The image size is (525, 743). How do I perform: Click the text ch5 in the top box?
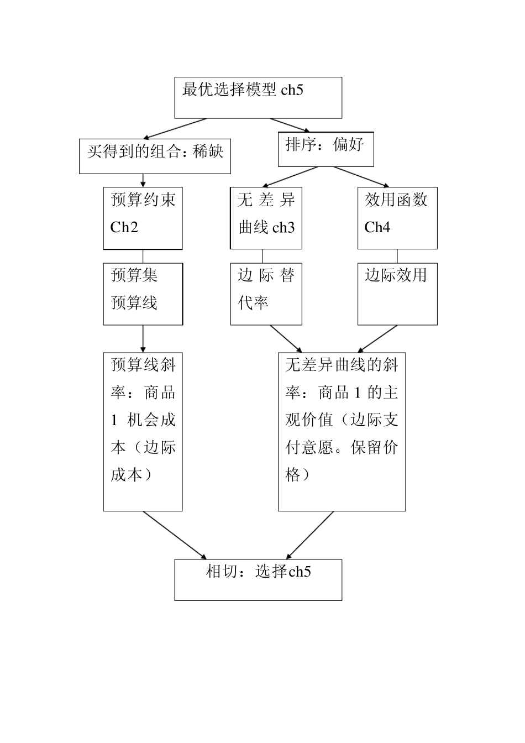[292, 90]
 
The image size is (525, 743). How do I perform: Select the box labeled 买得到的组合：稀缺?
[155, 156]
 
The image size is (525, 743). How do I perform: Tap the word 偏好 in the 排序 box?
[348, 145]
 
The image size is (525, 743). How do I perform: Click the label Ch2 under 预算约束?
[124, 228]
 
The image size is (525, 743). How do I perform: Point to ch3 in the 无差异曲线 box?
[283, 228]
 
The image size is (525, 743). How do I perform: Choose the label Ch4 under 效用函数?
[377, 228]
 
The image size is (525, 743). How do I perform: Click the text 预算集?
[134, 275]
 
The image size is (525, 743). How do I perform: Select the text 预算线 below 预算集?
[134, 303]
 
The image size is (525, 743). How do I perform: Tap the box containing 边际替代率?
[266, 294]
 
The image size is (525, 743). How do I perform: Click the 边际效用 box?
[397, 294]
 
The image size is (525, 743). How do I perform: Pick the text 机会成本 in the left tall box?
[151, 420]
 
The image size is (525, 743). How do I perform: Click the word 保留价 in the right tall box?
[374, 448]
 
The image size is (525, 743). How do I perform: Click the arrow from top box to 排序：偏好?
[290, 125]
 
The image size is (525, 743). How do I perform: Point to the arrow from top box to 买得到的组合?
[175, 128]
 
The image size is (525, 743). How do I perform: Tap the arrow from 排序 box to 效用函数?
[361, 177]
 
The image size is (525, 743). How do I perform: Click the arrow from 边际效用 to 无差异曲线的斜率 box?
[377, 339]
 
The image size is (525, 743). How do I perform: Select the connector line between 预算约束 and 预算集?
[143, 256]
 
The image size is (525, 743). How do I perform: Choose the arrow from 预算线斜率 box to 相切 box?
[175, 535]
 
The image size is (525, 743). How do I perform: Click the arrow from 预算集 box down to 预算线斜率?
[143, 339]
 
